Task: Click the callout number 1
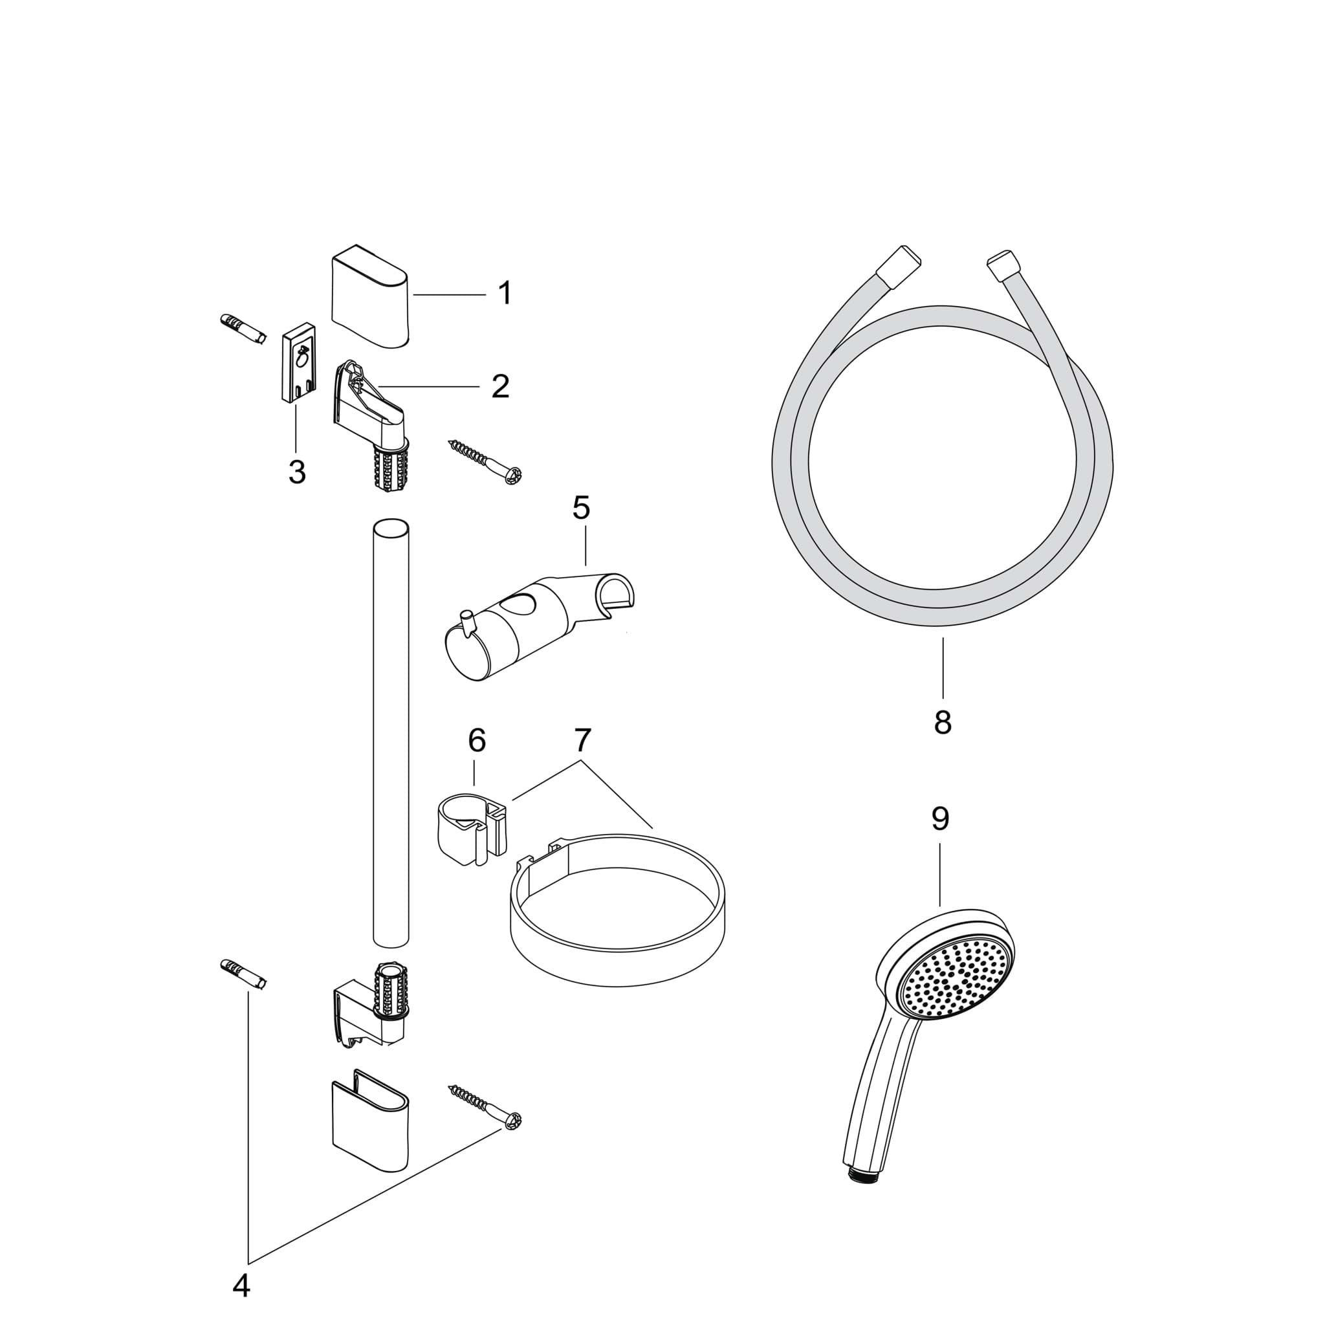click(505, 294)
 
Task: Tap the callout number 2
click(501, 387)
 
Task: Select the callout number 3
click(297, 472)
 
